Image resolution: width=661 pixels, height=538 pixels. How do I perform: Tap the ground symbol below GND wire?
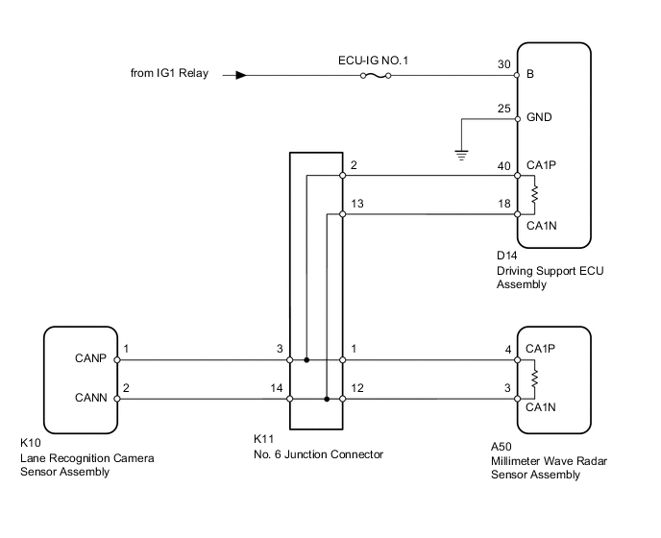click(461, 152)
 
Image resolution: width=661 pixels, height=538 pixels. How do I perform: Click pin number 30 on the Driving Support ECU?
click(502, 64)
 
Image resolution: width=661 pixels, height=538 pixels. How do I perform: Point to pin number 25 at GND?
click(502, 109)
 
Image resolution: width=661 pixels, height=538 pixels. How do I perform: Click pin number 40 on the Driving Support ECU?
click(502, 165)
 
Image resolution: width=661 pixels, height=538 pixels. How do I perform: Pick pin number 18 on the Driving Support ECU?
click(502, 204)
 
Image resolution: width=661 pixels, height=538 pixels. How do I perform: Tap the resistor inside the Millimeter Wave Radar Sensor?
click(534, 378)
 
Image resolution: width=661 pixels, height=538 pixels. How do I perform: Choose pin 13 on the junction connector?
click(358, 204)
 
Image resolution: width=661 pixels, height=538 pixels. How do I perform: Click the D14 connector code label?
click(506, 257)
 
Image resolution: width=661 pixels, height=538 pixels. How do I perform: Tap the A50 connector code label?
click(501, 447)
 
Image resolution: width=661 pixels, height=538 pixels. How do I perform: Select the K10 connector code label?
click(31, 444)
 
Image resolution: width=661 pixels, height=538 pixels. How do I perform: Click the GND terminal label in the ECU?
click(539, 119)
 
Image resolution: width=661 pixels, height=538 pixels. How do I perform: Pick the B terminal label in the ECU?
click(530, 74)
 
